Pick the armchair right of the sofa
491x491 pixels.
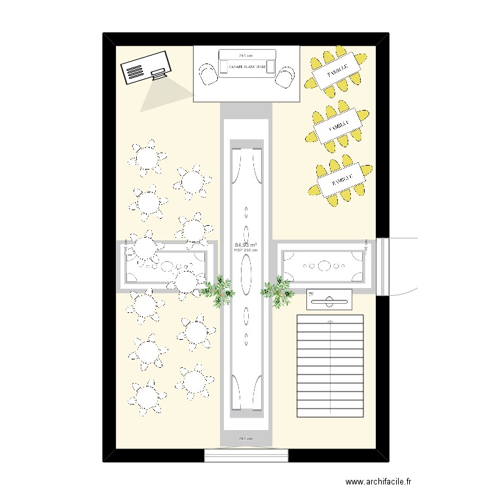pyautogui.click(x=284, y=76)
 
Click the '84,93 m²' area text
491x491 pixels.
pyautogui.click(x=246, y=245)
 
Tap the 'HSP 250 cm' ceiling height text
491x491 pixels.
pyautogui.click(x=246, y=250)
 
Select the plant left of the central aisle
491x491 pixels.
pyautogui.click(x=218, y=289)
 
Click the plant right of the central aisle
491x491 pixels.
pyautogui.click(x=278, y=291)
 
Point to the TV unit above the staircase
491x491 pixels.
pyautogui.click(x=329, y=300)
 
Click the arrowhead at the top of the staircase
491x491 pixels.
pyautogui.click(x=330, y=320)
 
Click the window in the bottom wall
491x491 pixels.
pyautogui.click(x=247, y=455)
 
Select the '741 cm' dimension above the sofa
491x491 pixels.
pyautogui.click(x=246, y=55)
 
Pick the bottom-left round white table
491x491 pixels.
pyautogui.click(x=145, y=397)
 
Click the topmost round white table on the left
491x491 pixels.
pyautogui.click(x=147, y=157)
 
